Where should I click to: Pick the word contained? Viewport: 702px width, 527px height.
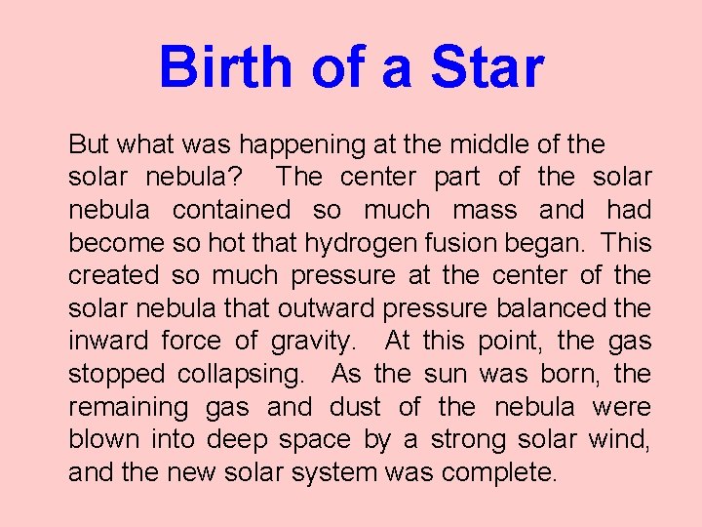click(230, 211)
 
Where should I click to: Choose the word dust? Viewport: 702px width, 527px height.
click(354, 407)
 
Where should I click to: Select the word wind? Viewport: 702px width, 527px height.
click(619, 440)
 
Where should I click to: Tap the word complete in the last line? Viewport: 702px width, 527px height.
click(499, 473)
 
